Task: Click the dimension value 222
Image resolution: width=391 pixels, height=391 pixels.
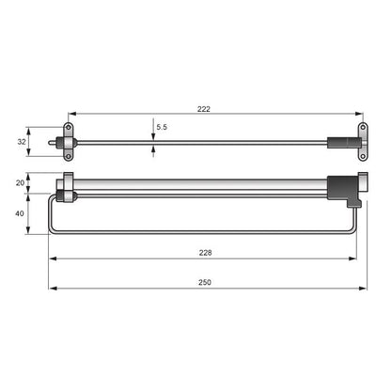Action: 203,108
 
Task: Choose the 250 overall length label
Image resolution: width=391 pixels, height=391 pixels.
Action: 203,281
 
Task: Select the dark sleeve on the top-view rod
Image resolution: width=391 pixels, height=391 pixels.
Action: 337,142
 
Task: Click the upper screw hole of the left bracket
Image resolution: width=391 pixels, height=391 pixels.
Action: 69,128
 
